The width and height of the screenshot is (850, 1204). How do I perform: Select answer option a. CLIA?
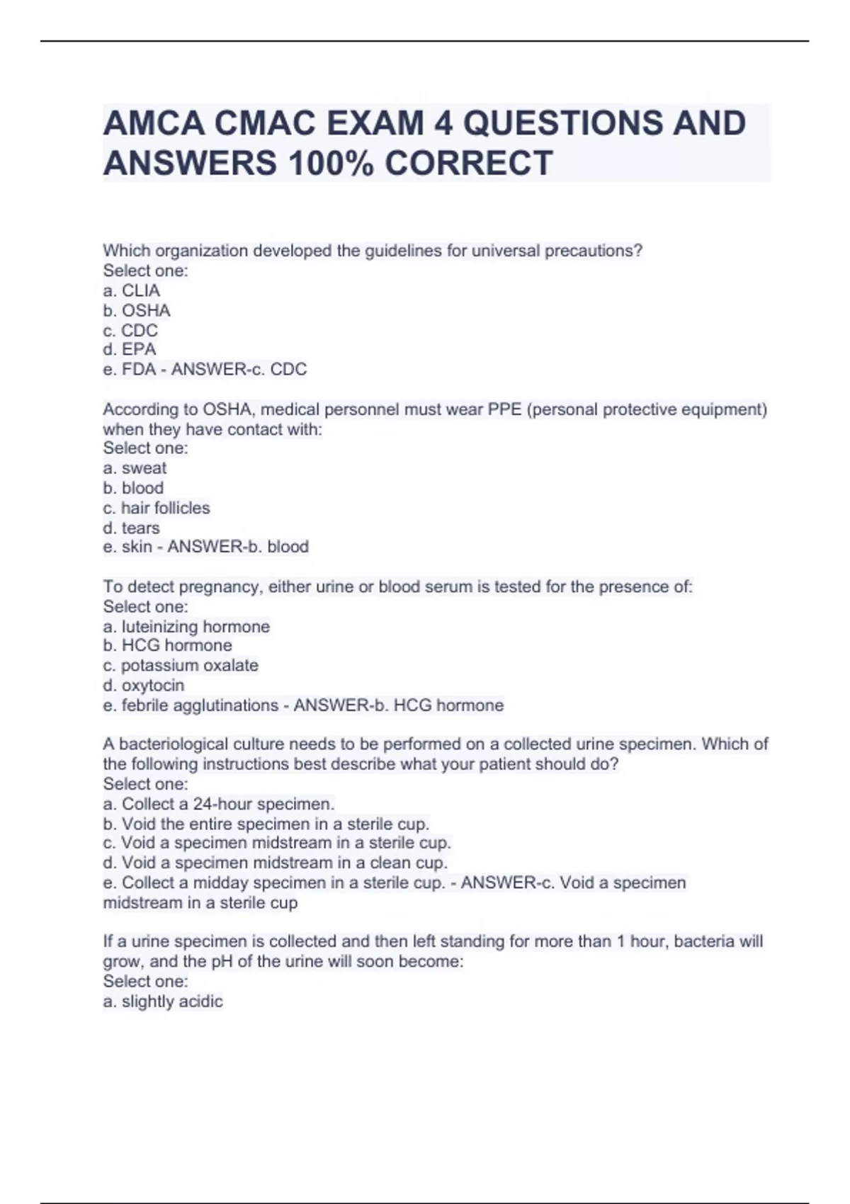pos(132,290)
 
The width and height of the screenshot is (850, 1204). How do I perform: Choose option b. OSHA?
pos(137,310)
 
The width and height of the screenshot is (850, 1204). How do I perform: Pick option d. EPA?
pos(130,349)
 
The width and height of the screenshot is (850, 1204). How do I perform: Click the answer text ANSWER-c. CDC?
pos(239,369)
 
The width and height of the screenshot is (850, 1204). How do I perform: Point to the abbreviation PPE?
pos(504,409)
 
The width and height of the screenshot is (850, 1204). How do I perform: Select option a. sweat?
pos(135,468)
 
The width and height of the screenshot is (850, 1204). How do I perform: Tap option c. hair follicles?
pos(157,508)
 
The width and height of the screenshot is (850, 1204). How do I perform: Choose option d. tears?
pos(131,528)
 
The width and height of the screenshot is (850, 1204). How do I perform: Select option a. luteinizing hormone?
pos(186,627)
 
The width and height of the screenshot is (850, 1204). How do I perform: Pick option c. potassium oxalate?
pos(181,666)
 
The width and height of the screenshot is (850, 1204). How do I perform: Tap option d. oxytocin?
pos(144,686)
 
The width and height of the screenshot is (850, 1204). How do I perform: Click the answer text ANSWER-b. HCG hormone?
pos(398,705)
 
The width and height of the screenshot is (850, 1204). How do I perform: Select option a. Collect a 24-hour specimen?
pos(218,804)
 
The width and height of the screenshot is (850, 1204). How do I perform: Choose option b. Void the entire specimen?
pos(266,824)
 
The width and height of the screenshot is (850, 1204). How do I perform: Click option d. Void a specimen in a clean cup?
pos(275,863)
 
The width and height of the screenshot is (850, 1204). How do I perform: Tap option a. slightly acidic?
pos(163,1001)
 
